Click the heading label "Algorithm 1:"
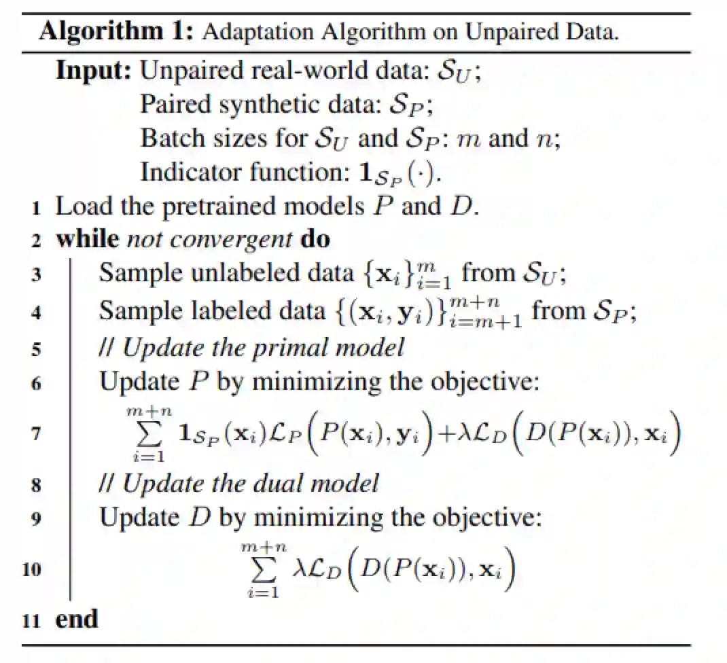click(x=116, y=31)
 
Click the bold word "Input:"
click(x=94, y=70)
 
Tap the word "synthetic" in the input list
click(x=283, y=104)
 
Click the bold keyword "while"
click(x=87, y=239)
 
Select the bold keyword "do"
click(x=314, y=239)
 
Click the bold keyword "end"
click(x=77, y=619)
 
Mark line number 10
click(x=31, y=569)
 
